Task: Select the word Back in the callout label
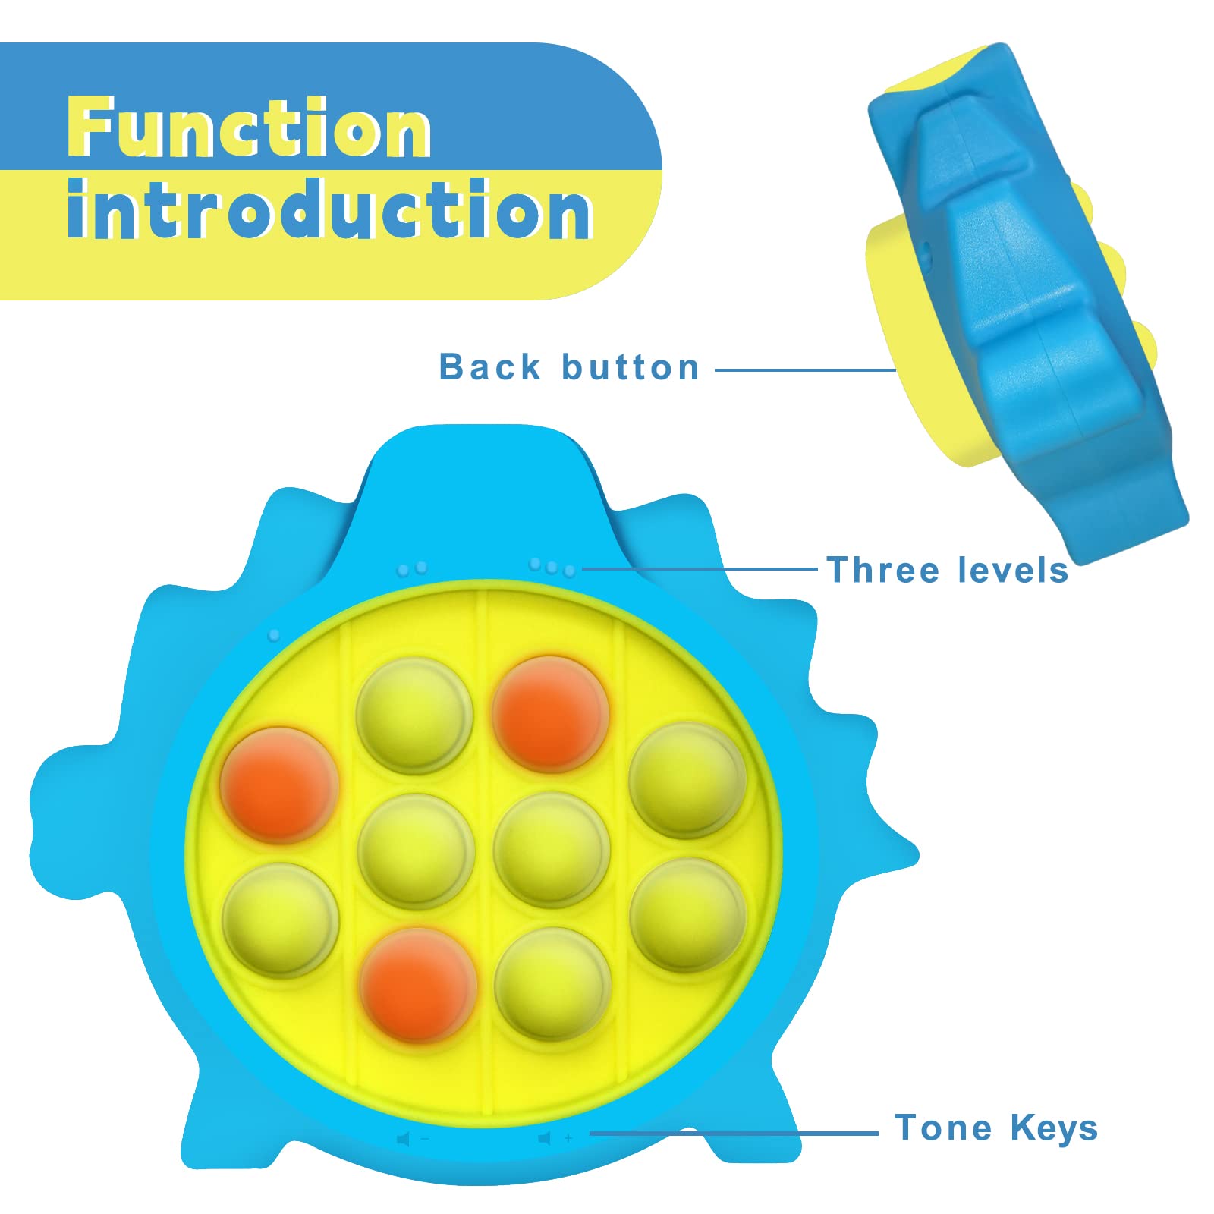(x=489, y=367)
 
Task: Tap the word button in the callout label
(x=630, y=367)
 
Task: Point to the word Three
(x=884, y=570)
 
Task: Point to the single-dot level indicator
(x=275, y=634)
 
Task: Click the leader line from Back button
(x=804, y=370)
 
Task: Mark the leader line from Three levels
(x=698, y=568)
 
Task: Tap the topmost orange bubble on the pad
(x=550, y=713)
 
